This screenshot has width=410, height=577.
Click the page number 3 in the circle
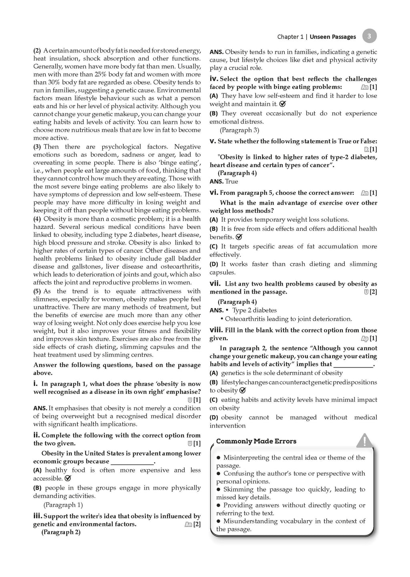click(x=369, y=36)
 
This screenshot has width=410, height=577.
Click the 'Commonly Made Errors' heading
click(x=256, y=441)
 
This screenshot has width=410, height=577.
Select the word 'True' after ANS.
click(x=231, y=182)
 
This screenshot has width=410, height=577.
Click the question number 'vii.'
click(x=215, y=284)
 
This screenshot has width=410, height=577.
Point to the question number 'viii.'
click(x=216, y=330)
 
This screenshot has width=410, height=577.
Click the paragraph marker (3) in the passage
click(x=37, y=147)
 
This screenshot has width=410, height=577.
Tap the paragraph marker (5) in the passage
click(x=37, y=292)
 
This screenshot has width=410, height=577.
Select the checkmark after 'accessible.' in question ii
click(x=68, y=478)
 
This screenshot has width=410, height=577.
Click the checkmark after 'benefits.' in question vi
click(x=239, y=237)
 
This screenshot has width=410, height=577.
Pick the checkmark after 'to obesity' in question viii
click(x=242, y=390)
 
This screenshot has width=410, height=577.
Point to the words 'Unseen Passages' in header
click(x=333, y=37)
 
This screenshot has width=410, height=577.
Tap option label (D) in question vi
click(x=214, y=264)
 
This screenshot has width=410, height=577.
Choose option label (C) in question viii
click(x=214, y=400)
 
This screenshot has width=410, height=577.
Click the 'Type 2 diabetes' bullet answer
click(x=254, y=310)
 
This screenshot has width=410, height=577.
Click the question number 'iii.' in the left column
click(x=37, y=516)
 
